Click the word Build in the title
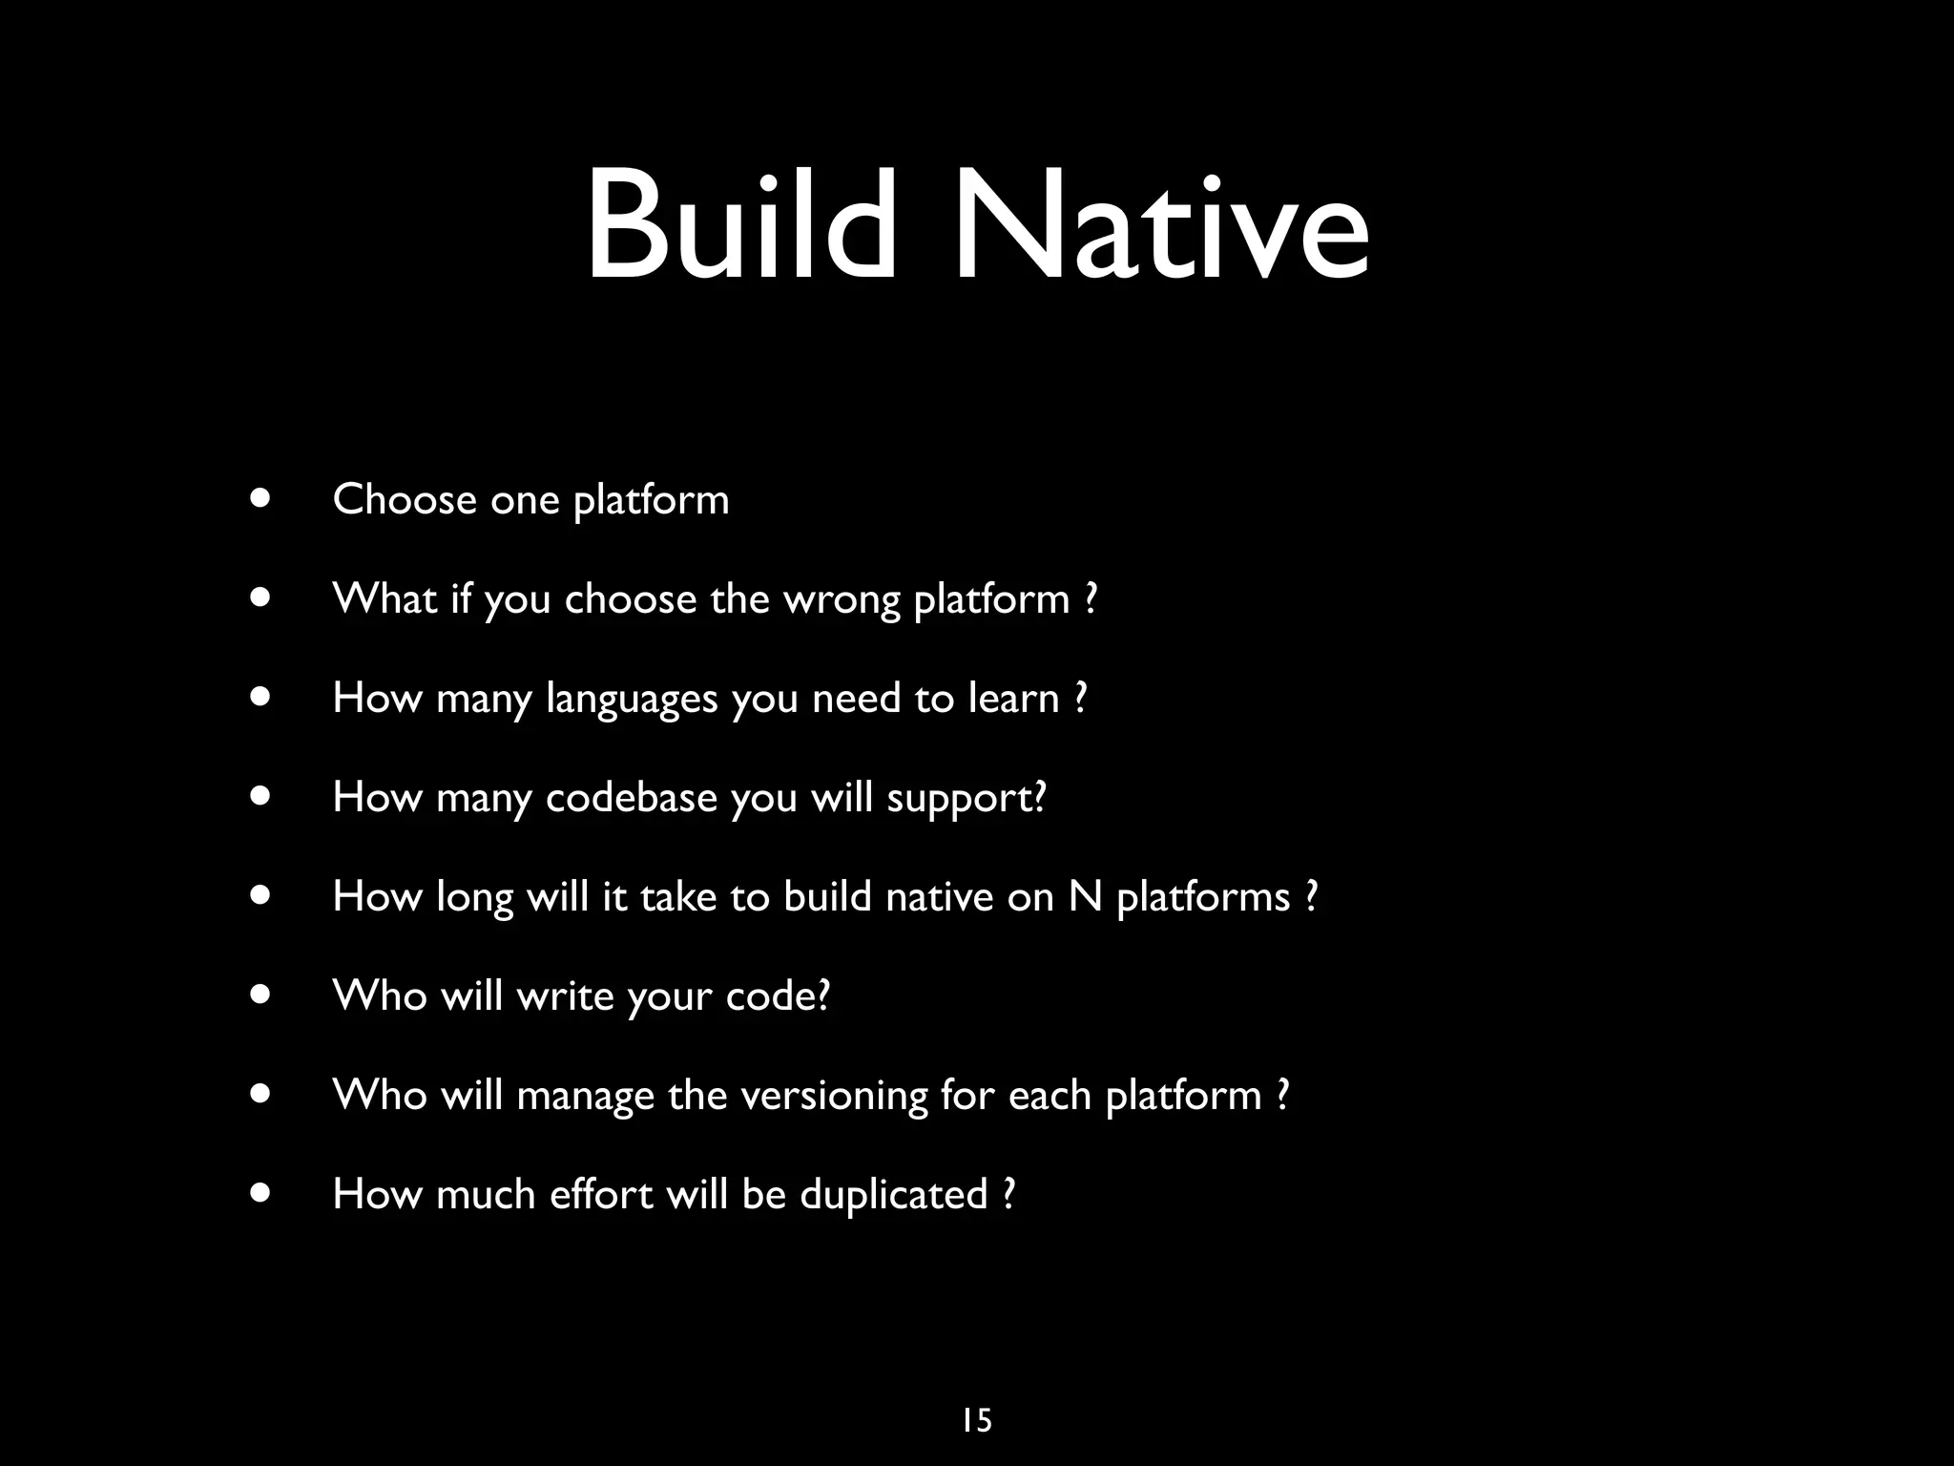(739, 225)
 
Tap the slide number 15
(976, 1420)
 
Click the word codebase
(631, 797)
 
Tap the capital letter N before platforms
(1085, 896)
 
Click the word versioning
(833, 1096)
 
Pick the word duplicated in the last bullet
(893, 1194)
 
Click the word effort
(600, 1194)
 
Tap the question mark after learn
(1080, 698)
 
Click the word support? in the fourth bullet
(966, 799)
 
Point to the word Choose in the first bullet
(404, 499)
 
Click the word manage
(585, 1096)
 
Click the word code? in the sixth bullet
(778, 995)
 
